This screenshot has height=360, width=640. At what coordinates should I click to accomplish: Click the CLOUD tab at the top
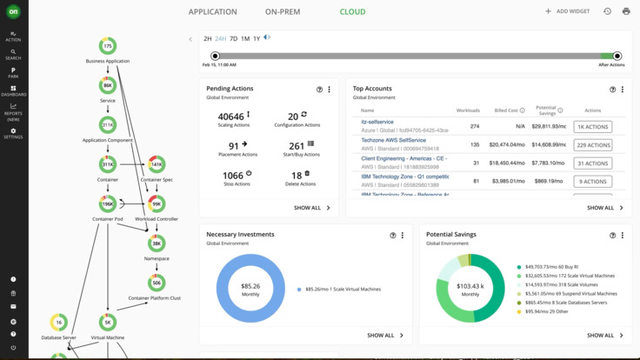click(x=352, y=12)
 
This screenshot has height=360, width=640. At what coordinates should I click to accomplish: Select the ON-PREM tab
click(x=283, y=12)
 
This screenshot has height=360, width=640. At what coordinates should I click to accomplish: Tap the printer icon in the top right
click(x=626, y=12)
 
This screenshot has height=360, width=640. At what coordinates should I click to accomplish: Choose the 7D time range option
click(x=233, y=39)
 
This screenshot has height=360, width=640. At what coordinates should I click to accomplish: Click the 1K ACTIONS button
click(x=592, y=127)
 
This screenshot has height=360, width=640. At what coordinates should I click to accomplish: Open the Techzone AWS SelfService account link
click(x=393, y=140)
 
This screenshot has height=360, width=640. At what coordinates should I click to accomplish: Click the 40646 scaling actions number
click(x=231, y=116)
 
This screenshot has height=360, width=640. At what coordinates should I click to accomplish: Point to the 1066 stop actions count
click(x=233, y=175)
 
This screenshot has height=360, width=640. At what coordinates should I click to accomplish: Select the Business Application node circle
click(x=108, y=46)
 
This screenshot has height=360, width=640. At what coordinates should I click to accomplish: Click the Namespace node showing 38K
click(x=157, y=243)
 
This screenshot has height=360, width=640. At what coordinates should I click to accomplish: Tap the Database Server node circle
click(x=58, y=323)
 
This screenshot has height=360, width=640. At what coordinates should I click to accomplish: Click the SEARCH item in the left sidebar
click(x=13, y=55)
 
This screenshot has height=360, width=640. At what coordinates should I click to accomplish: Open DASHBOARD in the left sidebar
click(x=13, y=90)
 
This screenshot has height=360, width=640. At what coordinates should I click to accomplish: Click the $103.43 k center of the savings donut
click(x=470, y=289)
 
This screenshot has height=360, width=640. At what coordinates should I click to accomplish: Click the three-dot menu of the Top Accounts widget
click(x=623, y=90)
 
